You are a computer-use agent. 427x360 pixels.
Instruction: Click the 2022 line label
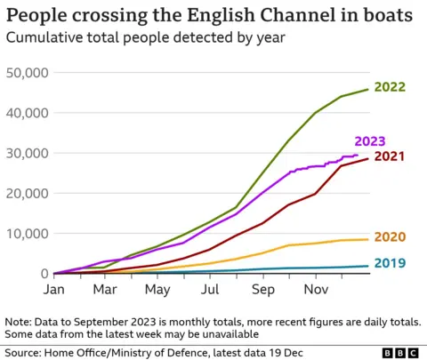pyautogui.click(x=391, y=87)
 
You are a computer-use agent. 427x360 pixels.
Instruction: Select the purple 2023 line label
pyautogui.click(x=370, y=140)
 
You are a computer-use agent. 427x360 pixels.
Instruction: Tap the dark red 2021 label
pyautogui.click(x=391, y=156)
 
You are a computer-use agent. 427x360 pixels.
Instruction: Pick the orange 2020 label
pyautogui.click(x=391, y=237)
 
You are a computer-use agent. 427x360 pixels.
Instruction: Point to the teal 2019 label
pyautogui.click(x=391, y=264)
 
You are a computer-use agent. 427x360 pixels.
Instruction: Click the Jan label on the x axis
pyautogui.click(x=53, y=290)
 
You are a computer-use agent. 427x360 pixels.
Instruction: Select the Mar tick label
pyautogui.click(x=105, y=290)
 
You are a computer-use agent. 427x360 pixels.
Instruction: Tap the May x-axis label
pyautogui.click(x=157, y=290)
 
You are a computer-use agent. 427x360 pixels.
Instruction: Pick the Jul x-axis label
pyautogui.click(x=210, y=290)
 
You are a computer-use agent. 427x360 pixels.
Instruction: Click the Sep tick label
pyautogui.click(x=262, y=290)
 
